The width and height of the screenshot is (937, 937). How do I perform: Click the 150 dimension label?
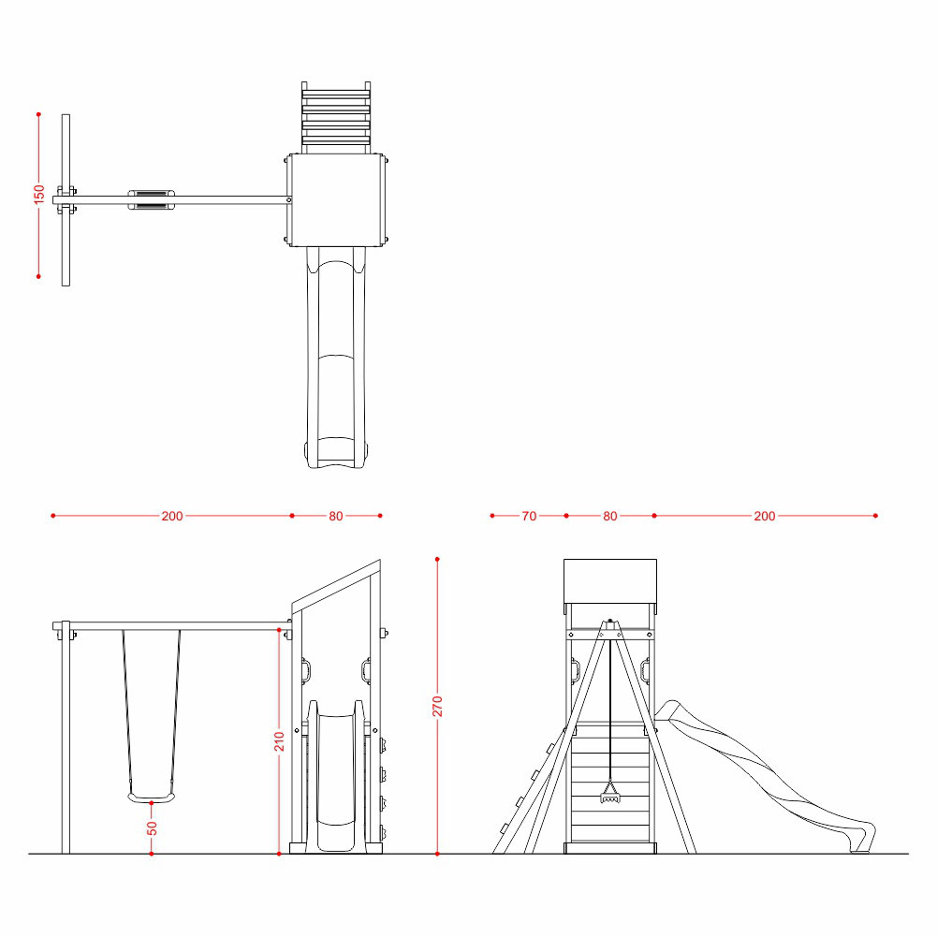click(38, 194)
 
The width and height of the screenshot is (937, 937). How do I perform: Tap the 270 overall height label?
click(437, 707)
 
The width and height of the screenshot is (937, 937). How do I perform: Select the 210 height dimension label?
click(279, 741)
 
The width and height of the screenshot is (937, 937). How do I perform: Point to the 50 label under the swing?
click(152, 828)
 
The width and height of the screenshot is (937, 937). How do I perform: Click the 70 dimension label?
click(529, 516)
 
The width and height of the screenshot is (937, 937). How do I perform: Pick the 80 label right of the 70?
click(609, 516)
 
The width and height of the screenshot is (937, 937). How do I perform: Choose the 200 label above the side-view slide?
click(765, 516)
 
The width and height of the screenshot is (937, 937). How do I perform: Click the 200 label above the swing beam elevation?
click(172, 516)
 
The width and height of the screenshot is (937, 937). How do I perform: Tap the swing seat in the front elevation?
click(152, 798)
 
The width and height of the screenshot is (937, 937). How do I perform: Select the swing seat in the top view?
click(152, 199)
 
